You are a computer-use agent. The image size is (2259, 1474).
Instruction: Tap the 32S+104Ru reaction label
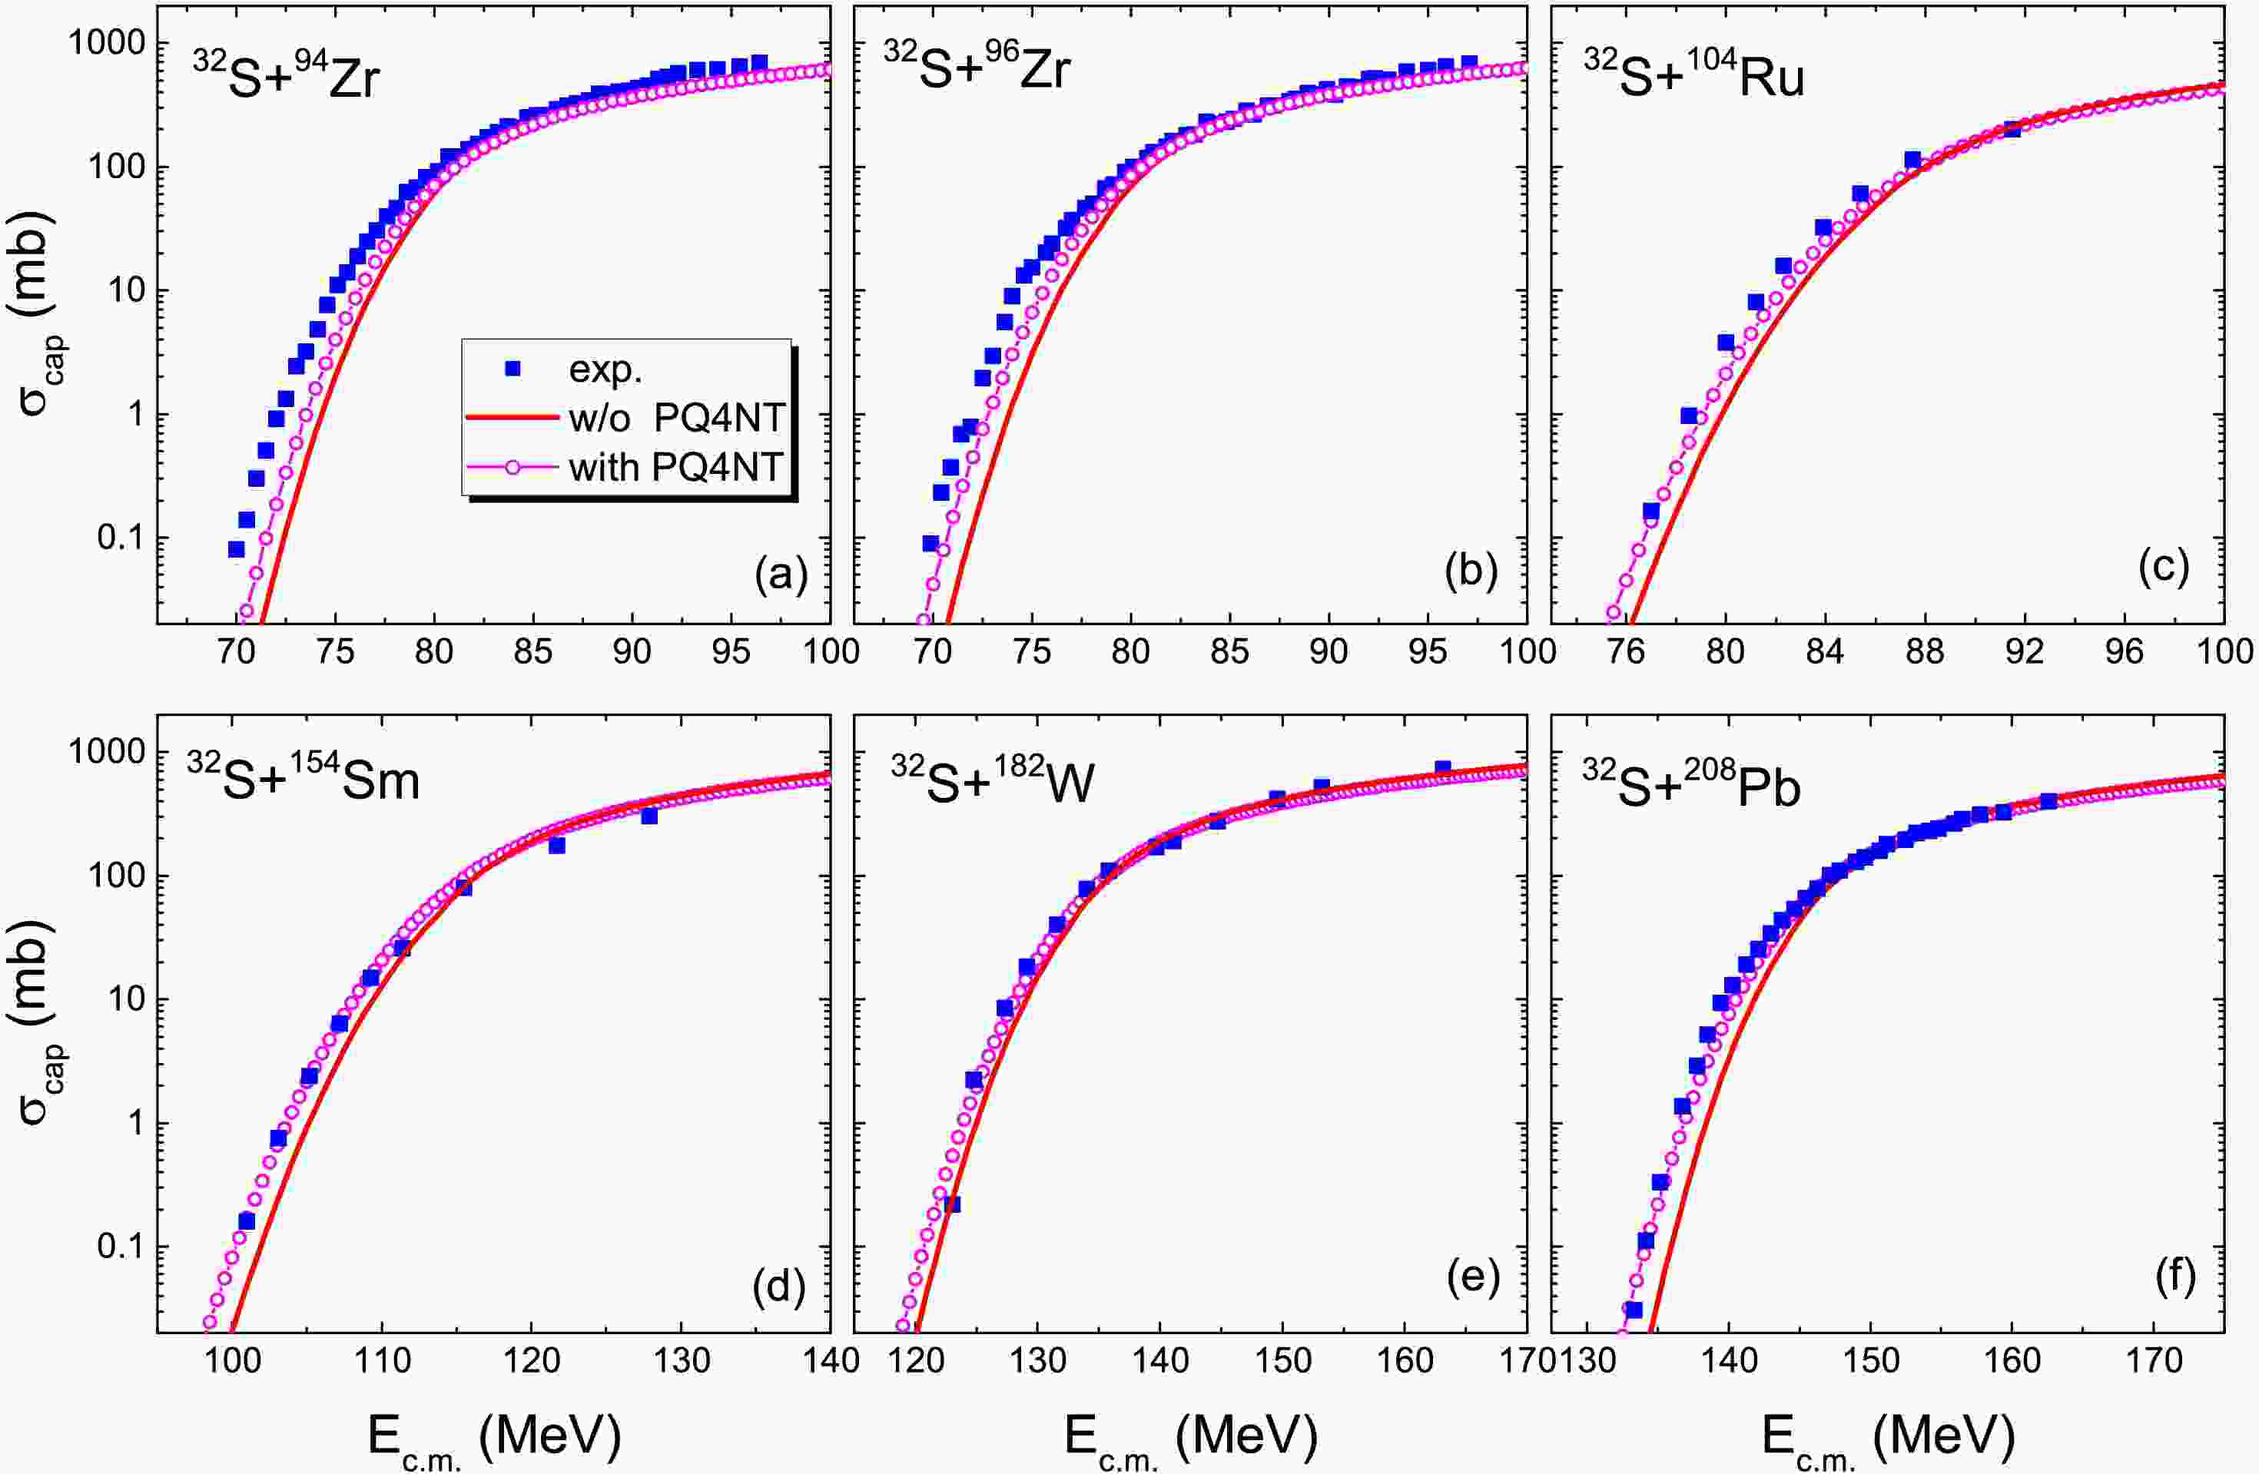1693,74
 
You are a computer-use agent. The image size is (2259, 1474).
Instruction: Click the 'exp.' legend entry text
605,369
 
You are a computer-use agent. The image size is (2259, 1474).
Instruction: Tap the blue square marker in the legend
513,367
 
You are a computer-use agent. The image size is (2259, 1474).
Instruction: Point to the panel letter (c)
2163,567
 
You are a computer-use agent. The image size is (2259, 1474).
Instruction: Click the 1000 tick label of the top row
106,44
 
